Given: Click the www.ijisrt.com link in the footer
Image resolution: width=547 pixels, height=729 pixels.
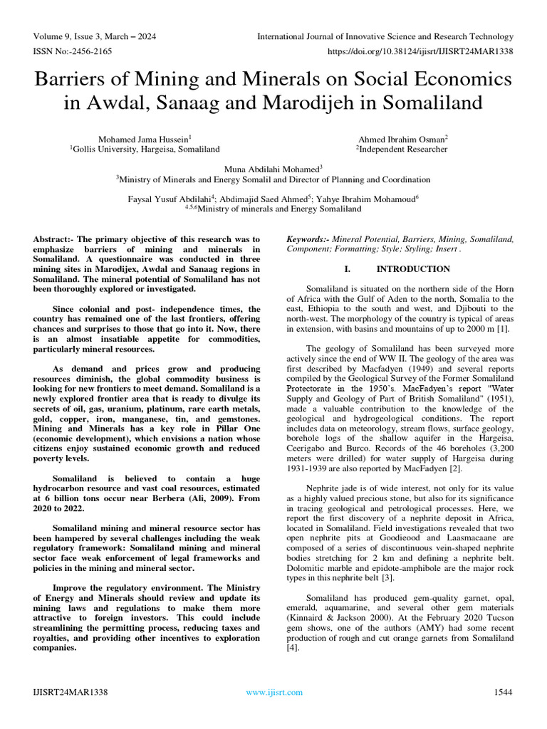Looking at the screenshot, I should tap(273, 692).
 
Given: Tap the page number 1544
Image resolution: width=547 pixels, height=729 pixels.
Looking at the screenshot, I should tap(503, 692).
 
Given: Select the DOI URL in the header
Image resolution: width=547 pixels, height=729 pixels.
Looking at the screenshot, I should tap(420, 51).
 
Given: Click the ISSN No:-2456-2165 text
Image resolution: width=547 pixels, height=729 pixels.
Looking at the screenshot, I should tap(70, 51).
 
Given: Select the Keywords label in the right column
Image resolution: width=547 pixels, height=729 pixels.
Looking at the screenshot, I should tap(307, 240).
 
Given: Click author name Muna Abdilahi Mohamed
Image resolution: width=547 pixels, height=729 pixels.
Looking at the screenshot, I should tap(273, 169).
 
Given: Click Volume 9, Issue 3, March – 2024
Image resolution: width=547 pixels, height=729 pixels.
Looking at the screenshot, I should tap(95, 36).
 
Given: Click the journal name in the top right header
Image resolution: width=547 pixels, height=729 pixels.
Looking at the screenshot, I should tap(385, 36).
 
